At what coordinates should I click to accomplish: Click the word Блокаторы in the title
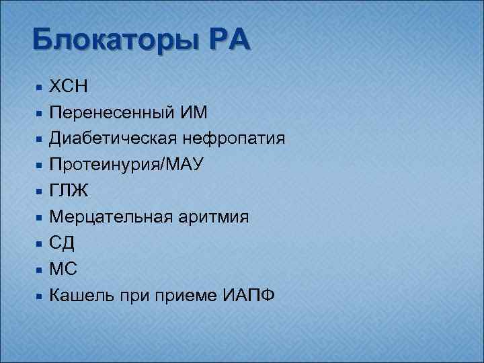tap(111, 40)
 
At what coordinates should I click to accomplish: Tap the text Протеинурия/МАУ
tap(126, 165)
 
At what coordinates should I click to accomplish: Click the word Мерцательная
tap(110, 217)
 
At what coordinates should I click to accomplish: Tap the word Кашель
tap(82, 296)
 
